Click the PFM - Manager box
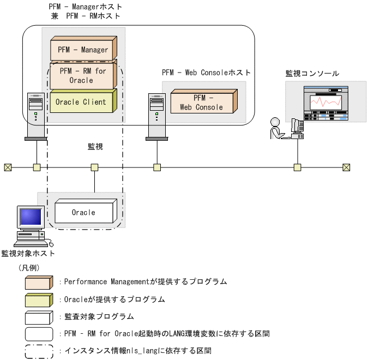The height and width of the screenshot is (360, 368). (83, 50)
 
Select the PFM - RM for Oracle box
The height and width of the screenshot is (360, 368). (83, 75)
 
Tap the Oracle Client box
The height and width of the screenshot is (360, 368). (82, 102)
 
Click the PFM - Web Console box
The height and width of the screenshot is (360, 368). (202, 103)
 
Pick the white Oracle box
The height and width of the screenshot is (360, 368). (83, 212)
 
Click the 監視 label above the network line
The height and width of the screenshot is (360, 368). (95, 147)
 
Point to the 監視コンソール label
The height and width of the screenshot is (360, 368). (312, 73)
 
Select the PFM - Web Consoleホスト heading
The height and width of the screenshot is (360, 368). (206, 73)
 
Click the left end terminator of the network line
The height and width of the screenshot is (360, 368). (7, 167)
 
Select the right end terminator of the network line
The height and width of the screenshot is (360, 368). (346, 167)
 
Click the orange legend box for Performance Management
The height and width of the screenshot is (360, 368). (39, 282)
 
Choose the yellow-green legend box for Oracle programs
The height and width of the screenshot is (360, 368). (39, 299)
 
